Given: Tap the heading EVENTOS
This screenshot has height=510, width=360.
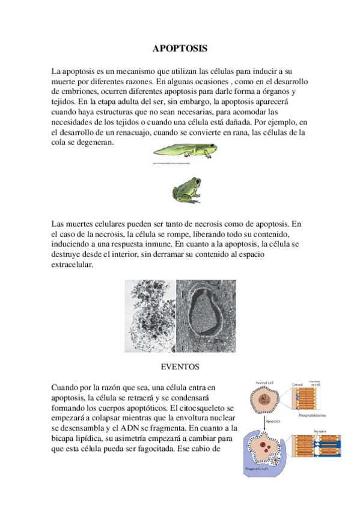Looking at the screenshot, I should click(x=180, y=366).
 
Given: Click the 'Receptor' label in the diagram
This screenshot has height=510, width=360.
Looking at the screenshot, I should click(x=311, y=431).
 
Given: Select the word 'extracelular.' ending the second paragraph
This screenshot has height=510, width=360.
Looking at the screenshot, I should click(x=73, y=266).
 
